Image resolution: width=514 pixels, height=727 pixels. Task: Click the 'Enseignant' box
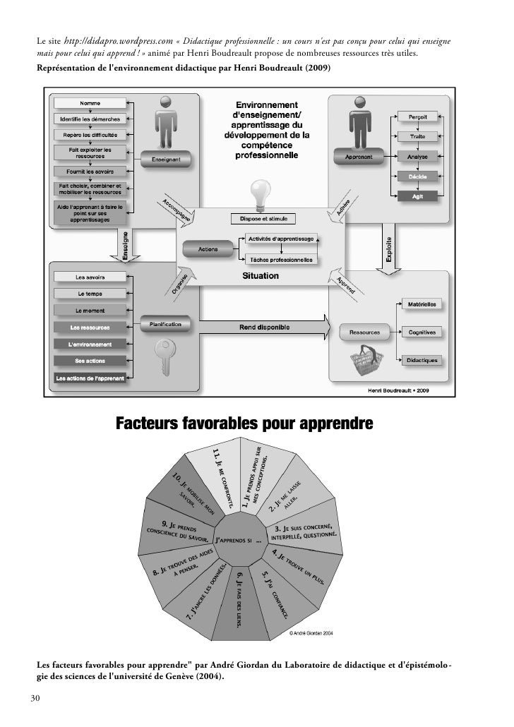(166, 160)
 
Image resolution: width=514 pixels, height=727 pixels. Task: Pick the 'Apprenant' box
(359, 157)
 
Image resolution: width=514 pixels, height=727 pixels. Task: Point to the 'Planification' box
(165, 324)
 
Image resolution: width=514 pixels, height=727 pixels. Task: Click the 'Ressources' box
(364, 331)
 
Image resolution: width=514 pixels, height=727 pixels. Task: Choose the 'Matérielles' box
(422, 304)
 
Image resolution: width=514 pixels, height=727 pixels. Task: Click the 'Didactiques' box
(422, 360)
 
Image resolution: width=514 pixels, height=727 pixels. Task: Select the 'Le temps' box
(90, 293)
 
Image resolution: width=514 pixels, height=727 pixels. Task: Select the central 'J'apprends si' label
(238, 541)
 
